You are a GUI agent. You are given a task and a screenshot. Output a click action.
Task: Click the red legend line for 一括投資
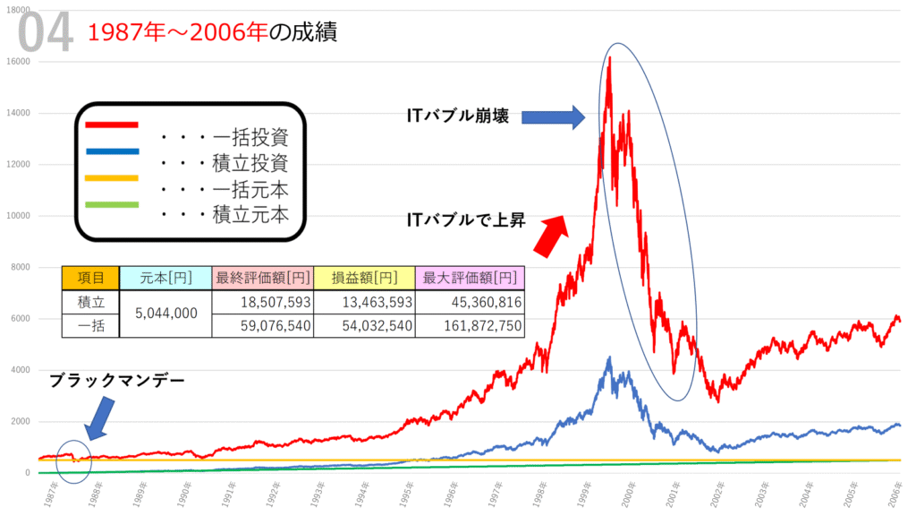112,125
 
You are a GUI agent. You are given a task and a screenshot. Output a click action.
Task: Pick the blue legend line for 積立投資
112,151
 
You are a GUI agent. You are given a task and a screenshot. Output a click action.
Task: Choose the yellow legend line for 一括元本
112,177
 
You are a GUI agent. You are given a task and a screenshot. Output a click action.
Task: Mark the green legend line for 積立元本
112,204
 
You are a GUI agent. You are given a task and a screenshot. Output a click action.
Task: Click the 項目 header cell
89,279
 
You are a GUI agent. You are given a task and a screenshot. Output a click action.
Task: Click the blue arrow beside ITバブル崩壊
552,116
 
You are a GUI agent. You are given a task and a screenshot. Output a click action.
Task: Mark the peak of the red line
609,58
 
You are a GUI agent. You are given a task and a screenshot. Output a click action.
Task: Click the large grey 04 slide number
45,34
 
